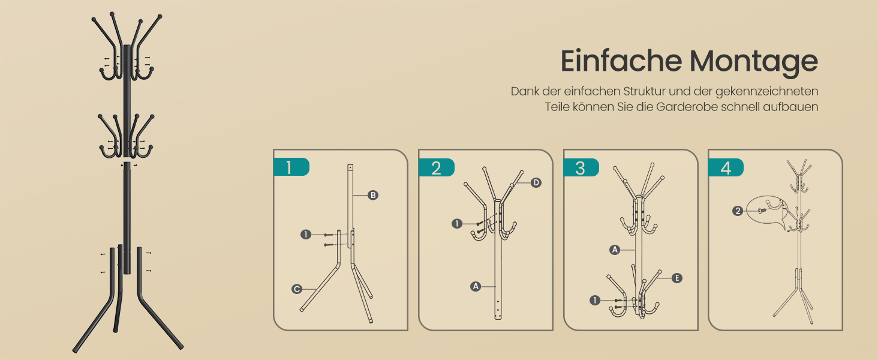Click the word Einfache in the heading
[x=621, y=61]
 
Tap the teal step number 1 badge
[x=291, y=167]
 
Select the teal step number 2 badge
[x=436, y=167]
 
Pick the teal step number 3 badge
[x=581, y=167]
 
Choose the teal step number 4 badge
[x=726, y=167]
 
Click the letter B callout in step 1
[x=373, y=195]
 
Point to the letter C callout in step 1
[x=297, y=289]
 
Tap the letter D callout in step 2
[x=536, y=182]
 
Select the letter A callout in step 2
[x=476, y=286]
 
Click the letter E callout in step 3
[x=676, y=278]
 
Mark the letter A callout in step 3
[x=615, y=250]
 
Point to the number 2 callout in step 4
[x=738, y=211]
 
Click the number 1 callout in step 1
[x=306, y=235]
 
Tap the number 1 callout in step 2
[x=456, y=224]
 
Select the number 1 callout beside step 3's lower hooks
[x=595, y=301]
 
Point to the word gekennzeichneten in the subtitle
[x=766, y=91]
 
